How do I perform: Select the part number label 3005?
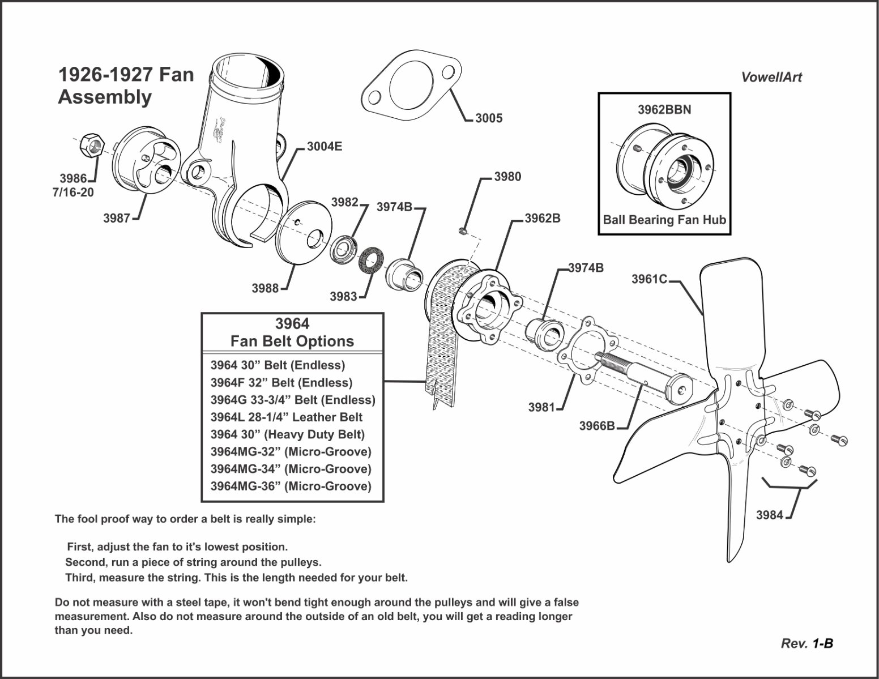[488, 118]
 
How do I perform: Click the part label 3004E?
[325, 147]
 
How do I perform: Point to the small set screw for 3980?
[462, 230]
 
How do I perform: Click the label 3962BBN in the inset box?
[664, 110]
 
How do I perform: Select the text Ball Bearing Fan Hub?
[664, 220]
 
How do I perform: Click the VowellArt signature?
[771, 78]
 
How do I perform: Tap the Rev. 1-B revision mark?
[807, 643]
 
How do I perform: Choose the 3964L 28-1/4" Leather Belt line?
[286, 417]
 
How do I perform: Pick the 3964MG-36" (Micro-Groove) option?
[291, 486]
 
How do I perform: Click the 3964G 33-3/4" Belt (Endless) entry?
[292, 400]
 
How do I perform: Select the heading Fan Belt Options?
[292, 341]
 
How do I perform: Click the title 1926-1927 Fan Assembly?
[126, 86]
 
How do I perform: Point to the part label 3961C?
[649, 279]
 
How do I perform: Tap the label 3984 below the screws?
[770, 515]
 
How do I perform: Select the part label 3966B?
[596, 425]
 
